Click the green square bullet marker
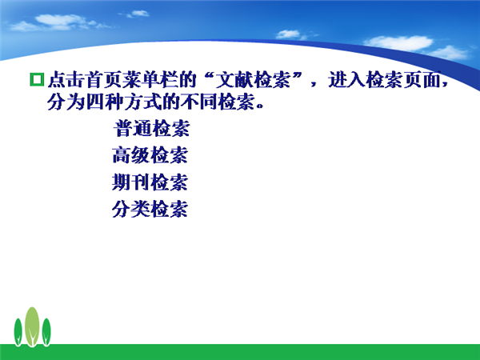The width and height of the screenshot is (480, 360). point(37,79)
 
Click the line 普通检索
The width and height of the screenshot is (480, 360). point(152,128)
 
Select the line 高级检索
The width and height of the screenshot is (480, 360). point(150,155)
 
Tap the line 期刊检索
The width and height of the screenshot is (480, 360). point(150,182)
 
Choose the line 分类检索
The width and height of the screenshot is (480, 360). point(150,209)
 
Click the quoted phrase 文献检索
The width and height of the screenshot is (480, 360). point(253,79)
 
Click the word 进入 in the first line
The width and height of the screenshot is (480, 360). point(347,79)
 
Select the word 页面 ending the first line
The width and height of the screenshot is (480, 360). point(422,79)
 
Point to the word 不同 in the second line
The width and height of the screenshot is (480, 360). point(199,102)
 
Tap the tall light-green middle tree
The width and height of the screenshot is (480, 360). point(32,326)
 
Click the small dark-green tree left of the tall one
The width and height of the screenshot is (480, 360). point(18,332)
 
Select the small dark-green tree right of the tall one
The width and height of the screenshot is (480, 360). point(46,332)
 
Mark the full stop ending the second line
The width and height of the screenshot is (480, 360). point(259,106)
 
